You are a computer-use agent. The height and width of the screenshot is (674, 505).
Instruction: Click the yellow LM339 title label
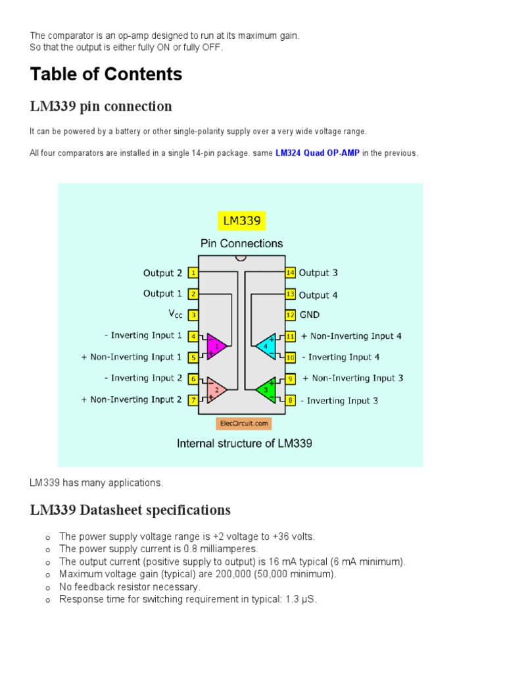[x=241, y=221]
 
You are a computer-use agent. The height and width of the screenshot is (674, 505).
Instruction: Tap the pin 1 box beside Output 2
[x=193, y=273]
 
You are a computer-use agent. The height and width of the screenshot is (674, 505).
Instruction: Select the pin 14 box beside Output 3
[x=290, y=273]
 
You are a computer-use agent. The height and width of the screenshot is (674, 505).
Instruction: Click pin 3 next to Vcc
[x=193, y=315]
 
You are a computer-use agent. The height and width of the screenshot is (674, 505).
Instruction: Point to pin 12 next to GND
[x=290, y=315]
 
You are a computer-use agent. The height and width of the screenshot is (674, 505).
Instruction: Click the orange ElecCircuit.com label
[x=243, y=424]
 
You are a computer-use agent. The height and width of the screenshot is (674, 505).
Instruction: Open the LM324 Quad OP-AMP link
[x=318, y=153]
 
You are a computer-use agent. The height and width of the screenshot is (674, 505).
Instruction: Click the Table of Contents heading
[x=106, y=74]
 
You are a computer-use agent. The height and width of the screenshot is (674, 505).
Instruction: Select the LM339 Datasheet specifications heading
[x=130, y=510]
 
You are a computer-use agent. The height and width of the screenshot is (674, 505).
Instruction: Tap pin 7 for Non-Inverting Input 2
[x=193, y=400]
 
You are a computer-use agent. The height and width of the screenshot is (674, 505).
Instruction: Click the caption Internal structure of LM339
[x=245, y=444]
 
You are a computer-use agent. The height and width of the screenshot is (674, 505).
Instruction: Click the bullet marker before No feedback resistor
[x=48, y=588]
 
